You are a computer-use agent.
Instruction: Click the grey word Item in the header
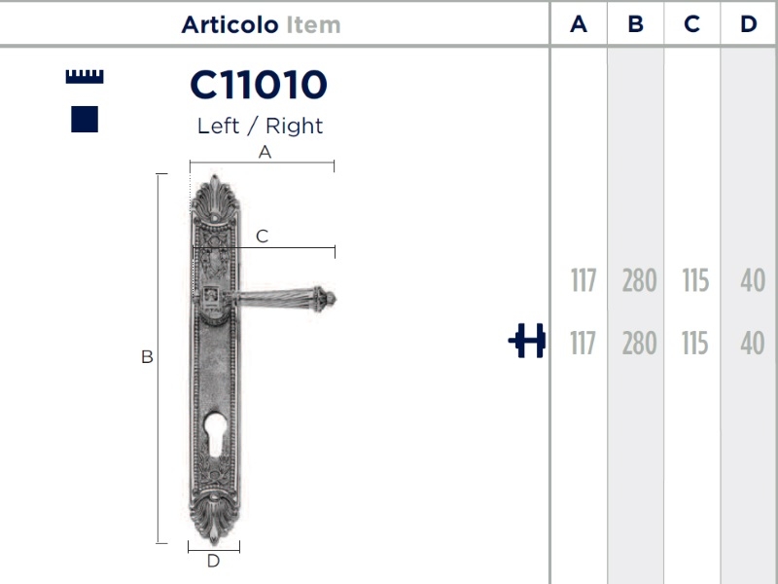pyautogui.click(x=313, y=24)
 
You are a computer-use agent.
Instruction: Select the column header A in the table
pyautogui.click(x=579, y=24)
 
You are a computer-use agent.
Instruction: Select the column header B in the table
pyautogui.click(x=635, y=24)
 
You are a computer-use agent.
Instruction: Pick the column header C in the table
pyautogui.click(x=691, y=24)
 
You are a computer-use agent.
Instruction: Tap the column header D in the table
pyautogui.click(x=748, y=24)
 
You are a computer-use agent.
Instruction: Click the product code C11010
pyautogui.click(x=259, y=86)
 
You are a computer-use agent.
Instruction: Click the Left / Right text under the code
pyautogui.click(x=260, y=126)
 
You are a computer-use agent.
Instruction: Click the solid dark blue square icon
pyautogui.click(x=85, y=119)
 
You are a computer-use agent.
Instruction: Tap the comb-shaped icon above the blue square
pyautogui.click(x=85, y=76)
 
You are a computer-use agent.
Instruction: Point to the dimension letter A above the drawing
pyautogui.click(x=264, y=152)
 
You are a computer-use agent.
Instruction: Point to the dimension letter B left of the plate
pyautogui.click(x=147, y=357)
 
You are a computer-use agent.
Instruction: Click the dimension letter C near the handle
pyautogui.click(x=262, y=236)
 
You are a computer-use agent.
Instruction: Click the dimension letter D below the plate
pyautogui.click(x=213, y=561)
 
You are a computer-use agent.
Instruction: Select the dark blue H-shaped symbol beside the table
pyautogui.click(x=527, y=342)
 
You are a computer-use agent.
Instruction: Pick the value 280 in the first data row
pyautogui.click(x=639, y=281)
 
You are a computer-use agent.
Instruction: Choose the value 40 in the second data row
pyautogui.click(x=752, y=344)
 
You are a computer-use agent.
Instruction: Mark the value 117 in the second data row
pyautogui.click(x=583, y=344)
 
